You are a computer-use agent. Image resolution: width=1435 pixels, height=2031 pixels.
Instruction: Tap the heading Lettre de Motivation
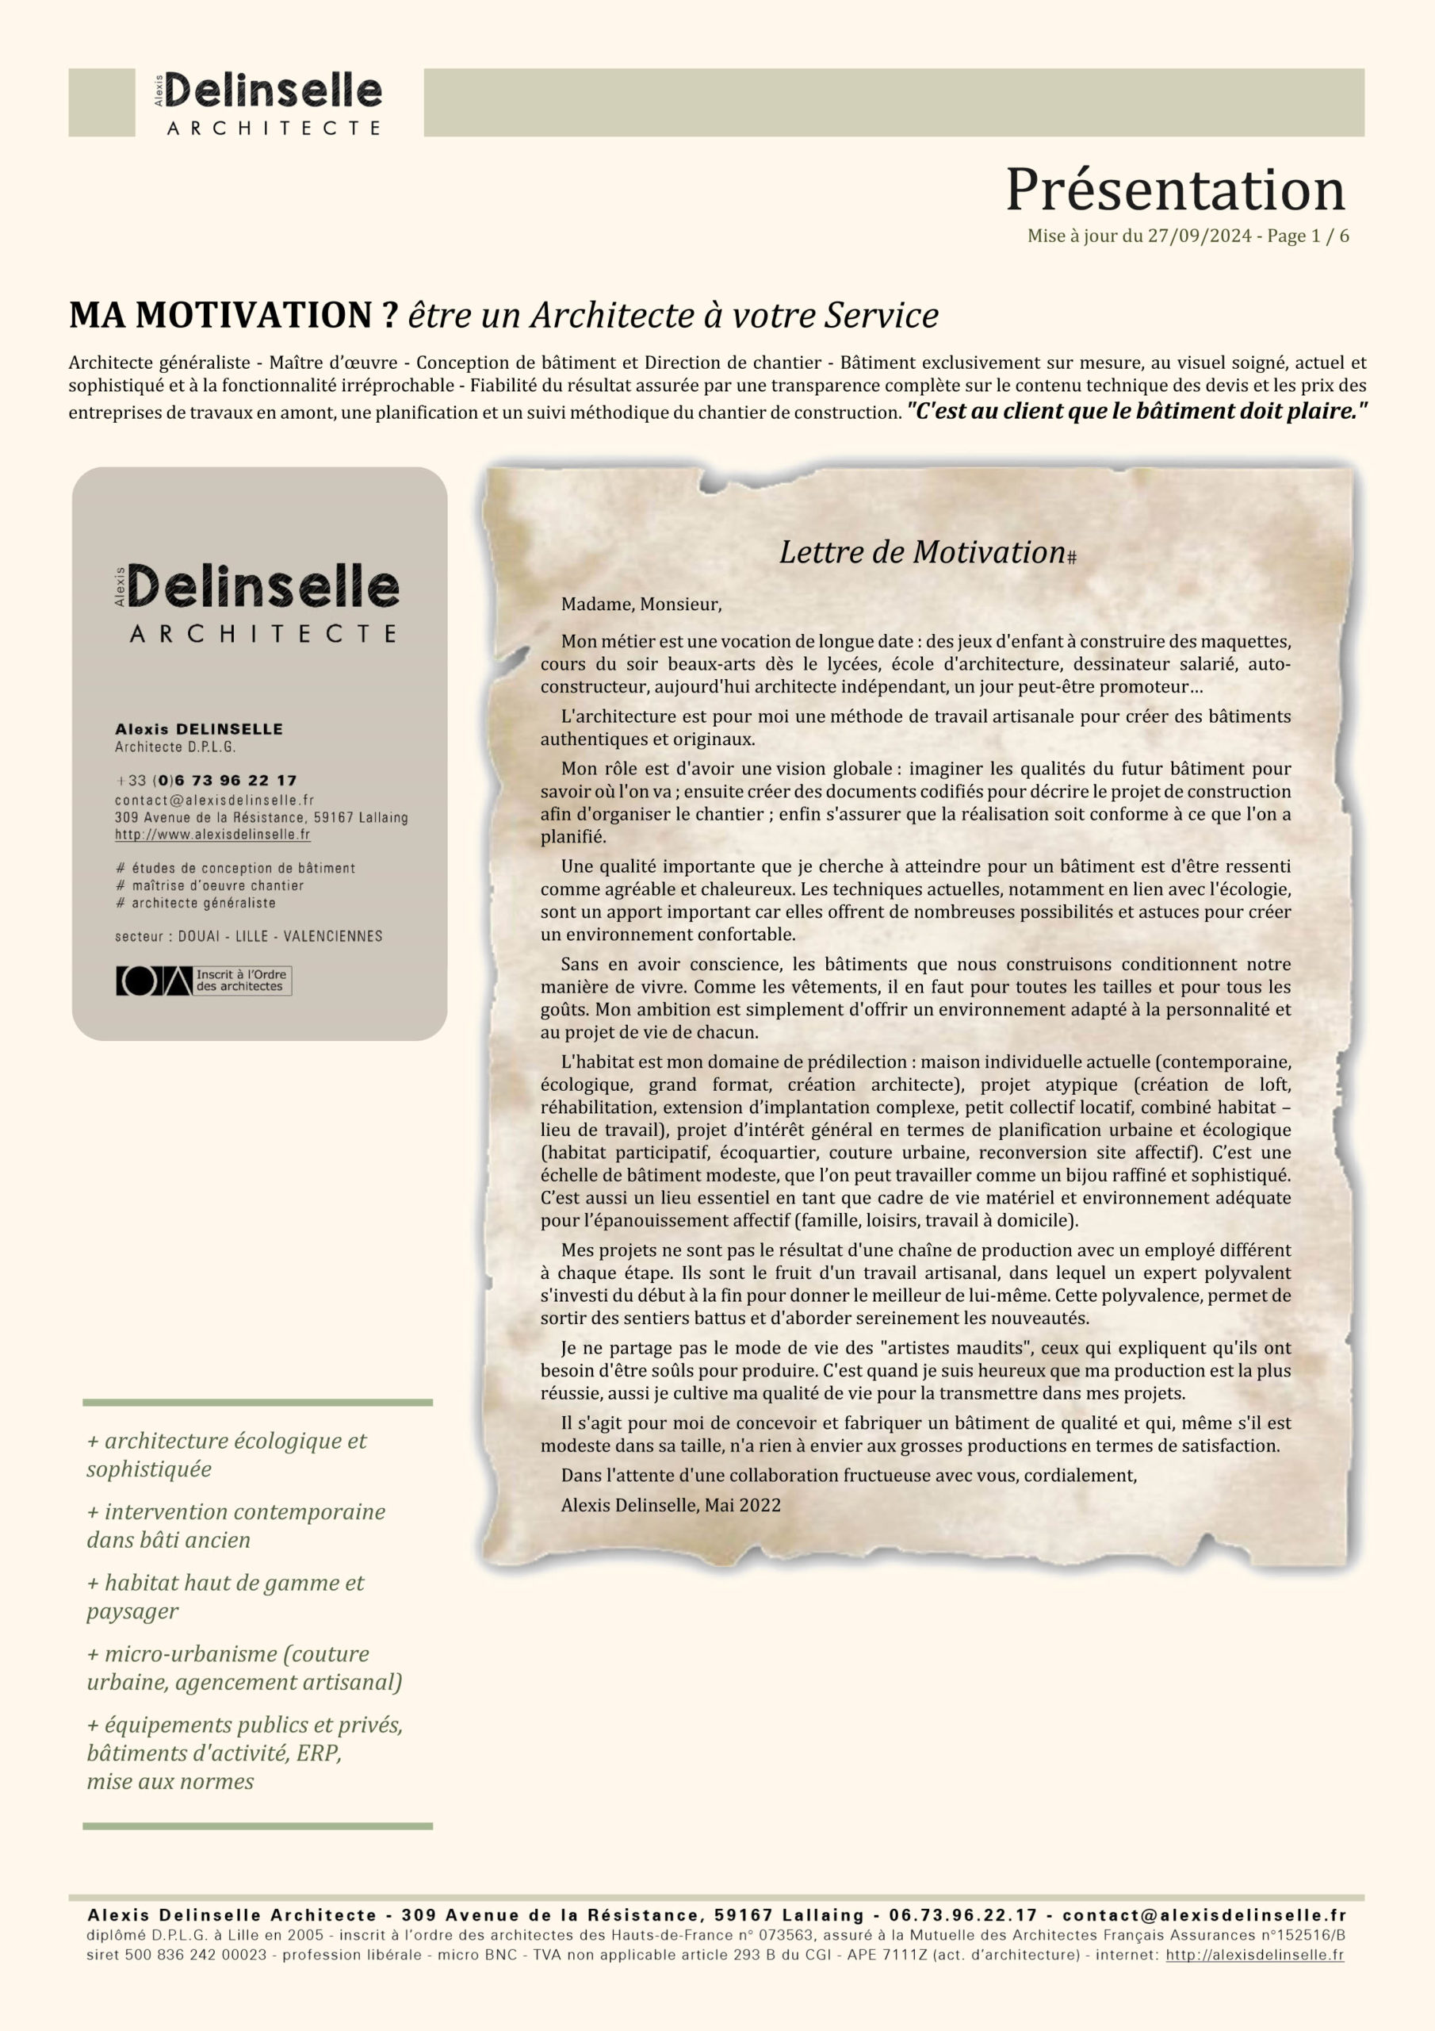[922, 552]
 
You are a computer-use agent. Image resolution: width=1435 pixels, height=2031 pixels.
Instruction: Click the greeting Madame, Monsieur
[641, 605]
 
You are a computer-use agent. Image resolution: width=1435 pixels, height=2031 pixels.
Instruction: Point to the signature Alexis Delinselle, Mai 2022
[670, 1506]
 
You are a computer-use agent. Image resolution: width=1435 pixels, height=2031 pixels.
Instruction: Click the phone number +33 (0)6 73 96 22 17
[206, 780]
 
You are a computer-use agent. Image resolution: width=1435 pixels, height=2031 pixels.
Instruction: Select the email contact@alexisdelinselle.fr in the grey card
[214, 800]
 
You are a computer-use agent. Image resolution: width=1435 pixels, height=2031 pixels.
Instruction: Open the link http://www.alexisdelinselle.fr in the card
[212, 834]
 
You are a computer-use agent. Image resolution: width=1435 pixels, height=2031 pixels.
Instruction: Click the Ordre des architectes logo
[204, 981]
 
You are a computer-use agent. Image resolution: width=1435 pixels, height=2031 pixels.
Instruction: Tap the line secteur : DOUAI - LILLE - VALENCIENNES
[248, 936]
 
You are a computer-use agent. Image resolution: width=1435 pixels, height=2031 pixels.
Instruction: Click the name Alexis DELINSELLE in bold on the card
[199, 729]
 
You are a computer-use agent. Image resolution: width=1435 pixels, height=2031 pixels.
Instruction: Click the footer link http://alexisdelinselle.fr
[1254, 1955]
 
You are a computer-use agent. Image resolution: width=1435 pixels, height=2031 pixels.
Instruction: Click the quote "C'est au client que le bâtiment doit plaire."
[1137, 411]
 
